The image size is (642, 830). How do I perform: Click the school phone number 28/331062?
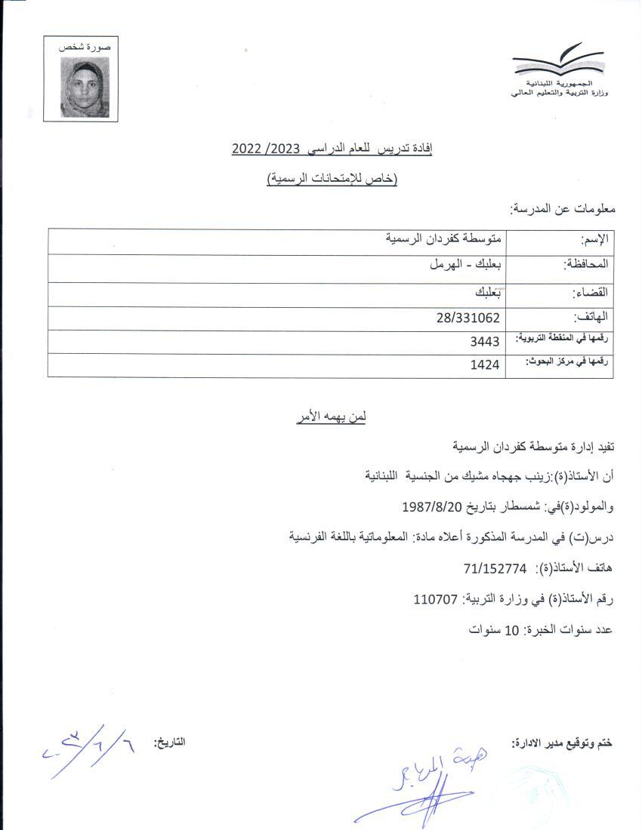click(x=468, y=318)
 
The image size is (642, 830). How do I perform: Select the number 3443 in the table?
click(x=485, y=342)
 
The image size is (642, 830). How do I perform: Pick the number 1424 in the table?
click(x=485, y=365)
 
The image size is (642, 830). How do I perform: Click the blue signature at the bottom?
click(x=419, y=788)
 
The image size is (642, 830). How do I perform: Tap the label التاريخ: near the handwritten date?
click(x=169, y=742)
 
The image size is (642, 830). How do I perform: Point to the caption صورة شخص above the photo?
click(x=85, y=48)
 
